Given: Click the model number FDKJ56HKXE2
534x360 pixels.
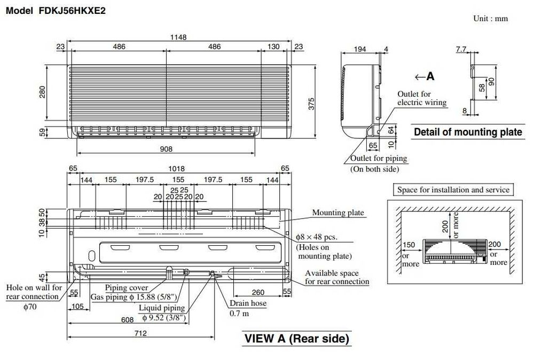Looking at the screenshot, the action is pyautogui.click(x=72, y=11).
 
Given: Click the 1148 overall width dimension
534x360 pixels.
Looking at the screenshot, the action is pyautogui.click(x=178, y=37).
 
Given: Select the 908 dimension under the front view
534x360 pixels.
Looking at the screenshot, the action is pyautogui.click(x=166, y=149).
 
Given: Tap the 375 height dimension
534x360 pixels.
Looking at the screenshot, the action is pyautogui.click(x=311, y=104).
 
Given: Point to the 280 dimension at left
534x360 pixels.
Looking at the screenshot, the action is pyautogui.click(x=42, y=92).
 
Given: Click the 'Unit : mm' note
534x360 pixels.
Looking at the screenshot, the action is pyautogui.click(x=490, y=19).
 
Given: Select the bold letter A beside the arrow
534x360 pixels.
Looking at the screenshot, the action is pyautogui.click(x=430, y=76).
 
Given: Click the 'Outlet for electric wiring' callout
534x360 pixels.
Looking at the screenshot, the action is pyautogui.click(x=422, y=98).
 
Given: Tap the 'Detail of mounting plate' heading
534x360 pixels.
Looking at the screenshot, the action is pyautogui.click(x=468, y=132).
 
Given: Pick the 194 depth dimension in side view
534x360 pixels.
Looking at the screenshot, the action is pyautogui.click(x=360, y=49).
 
